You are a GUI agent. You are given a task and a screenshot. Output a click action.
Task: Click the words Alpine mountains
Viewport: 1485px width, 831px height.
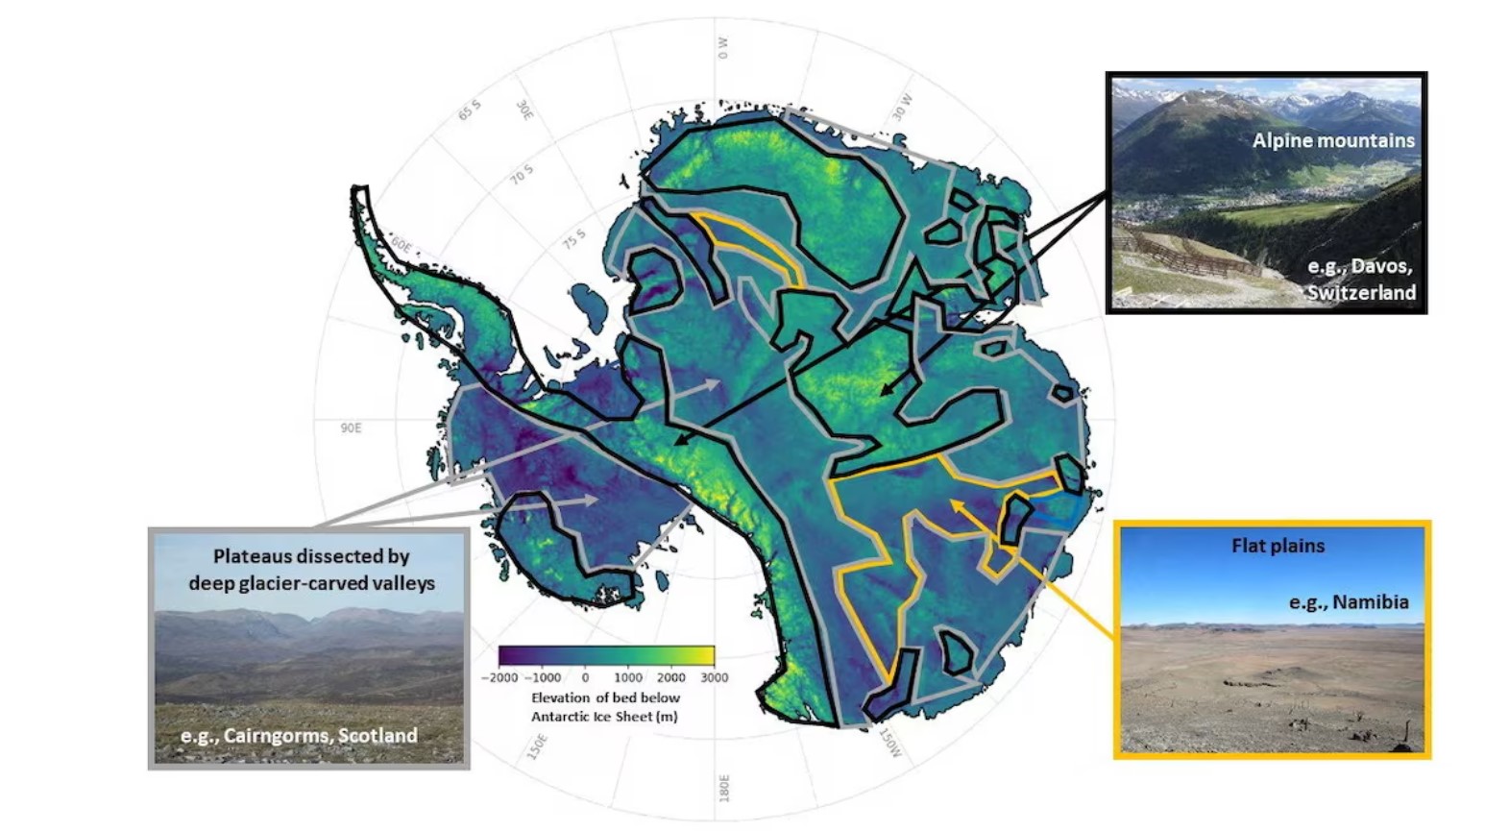[1332, 140]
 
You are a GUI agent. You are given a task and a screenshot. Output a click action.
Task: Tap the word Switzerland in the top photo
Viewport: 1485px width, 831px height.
[1361, 292]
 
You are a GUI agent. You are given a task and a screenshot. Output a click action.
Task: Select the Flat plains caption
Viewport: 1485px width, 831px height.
[1278, 546]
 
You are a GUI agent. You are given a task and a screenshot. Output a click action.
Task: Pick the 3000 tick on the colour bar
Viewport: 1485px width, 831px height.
[714, 677]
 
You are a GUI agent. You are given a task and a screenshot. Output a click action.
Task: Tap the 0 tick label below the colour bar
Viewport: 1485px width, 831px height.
[585, 677]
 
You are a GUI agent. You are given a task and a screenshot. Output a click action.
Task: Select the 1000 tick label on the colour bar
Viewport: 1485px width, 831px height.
[628, 677]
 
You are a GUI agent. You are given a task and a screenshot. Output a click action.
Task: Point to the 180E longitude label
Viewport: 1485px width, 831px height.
[724, 788]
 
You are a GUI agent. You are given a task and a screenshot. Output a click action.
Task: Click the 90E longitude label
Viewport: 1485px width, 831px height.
[351, 428]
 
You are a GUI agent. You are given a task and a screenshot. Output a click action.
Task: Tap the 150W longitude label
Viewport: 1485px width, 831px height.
[890, 743]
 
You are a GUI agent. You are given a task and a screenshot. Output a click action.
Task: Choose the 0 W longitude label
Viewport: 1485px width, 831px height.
[722, 48]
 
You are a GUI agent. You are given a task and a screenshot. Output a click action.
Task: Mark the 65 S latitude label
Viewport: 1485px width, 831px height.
[469, 110]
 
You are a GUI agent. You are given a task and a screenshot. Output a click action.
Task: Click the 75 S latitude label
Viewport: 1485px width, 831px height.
[573, 238]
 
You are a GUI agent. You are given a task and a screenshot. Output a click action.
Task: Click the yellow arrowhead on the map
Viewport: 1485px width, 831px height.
[955, 502]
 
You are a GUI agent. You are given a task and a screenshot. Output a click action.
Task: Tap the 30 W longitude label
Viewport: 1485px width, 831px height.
[903, 107]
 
